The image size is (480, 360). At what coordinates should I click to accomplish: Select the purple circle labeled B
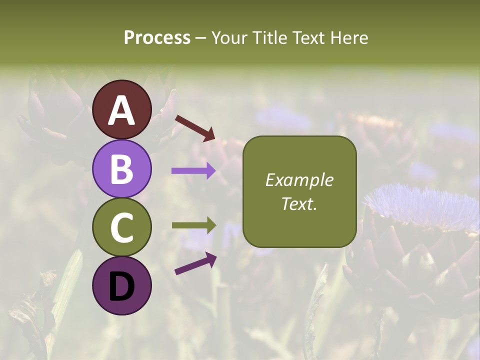122,168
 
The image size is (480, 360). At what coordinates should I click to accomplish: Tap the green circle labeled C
122,227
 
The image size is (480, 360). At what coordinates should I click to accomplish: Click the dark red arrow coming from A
194,127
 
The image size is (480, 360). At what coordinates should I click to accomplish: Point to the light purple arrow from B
193,171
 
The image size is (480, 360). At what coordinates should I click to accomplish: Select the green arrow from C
193,225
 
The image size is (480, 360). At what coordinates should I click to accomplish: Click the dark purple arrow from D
195,263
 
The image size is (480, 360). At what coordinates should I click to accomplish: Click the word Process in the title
157,38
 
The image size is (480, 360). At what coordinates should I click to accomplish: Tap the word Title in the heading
270,38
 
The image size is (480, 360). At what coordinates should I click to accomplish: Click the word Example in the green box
299,180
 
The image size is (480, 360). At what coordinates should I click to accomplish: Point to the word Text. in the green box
299,203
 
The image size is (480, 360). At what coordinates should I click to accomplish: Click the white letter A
122,110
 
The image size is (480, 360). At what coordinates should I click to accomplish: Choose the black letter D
122,286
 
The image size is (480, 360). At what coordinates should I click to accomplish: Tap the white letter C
122,227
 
